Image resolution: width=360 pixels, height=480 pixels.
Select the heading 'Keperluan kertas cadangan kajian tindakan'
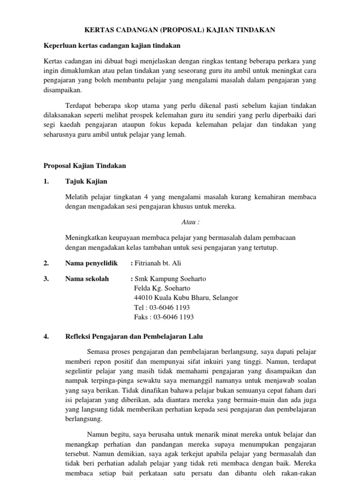(x=112, y=45)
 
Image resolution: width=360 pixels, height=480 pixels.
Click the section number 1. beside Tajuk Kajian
(x=46, y=181)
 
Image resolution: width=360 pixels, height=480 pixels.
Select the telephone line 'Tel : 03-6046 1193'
(x=162, y=307)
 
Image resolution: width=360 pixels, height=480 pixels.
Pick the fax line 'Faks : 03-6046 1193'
(x=164, y=317)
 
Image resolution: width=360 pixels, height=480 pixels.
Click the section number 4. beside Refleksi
(x=46, y=336)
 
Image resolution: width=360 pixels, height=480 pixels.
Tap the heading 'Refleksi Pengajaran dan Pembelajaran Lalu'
(x=134, y=336)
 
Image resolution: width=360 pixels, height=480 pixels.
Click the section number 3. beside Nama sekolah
(x=46, y=279)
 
